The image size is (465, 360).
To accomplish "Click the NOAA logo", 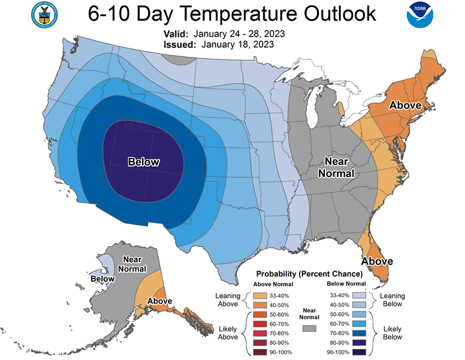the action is (x=420, y=15).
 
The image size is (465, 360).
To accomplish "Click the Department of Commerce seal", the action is (x=45, y=15).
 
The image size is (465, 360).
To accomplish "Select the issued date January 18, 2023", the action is (x=238, y=45).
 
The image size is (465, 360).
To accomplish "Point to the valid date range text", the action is (x=239, y=34).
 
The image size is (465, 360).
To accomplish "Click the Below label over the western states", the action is (x=144, y=162).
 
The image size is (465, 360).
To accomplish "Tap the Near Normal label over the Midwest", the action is (x=336, y=167).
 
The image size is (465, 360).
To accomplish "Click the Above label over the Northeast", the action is (x=406, y=105).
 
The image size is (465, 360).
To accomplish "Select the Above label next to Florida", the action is (x=377, y=261).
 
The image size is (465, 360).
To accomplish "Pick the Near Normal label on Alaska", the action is (x=132, y=264).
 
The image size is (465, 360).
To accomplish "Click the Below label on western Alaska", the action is (x=103, y=279).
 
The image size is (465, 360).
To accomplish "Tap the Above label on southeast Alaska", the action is (x=160, y=301).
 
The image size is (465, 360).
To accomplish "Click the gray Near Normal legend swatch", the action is (x=309, y=328).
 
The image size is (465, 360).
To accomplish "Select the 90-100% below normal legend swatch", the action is (x=359, y=352).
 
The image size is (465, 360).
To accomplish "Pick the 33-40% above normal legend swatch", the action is (x=260, y=295).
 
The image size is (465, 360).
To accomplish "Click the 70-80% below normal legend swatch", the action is (x=359, y=333).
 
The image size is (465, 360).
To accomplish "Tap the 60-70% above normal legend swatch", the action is (x=260, y=324).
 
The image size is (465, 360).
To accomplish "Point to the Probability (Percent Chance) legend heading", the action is (x=309, y=273).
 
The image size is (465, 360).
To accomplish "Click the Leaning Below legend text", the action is (x=393, y=300).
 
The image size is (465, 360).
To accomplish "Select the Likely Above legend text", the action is (x=228, y=333).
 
